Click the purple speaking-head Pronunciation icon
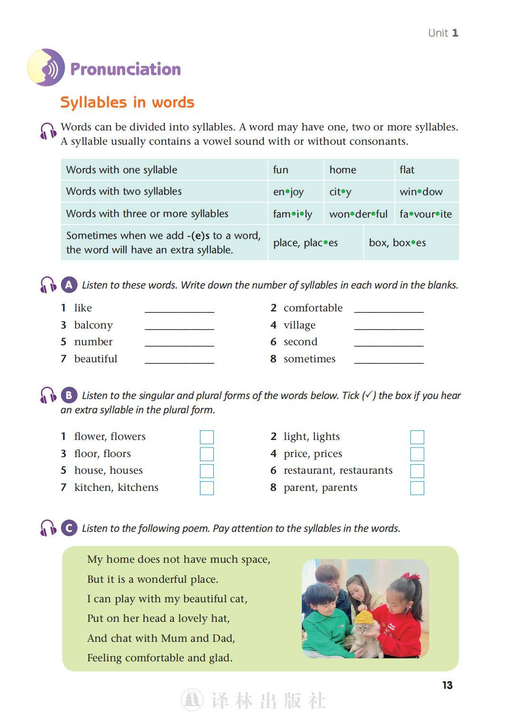(46, 68)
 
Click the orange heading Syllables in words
(127, 102)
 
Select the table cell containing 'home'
(358, 170)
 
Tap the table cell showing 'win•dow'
(426, 192)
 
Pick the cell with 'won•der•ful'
(358, 214)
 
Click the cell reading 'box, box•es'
(410, 243)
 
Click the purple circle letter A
(69, 285)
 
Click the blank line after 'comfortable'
(388, 309)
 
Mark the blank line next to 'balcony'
(179, 326)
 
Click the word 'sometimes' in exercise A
(309, 359)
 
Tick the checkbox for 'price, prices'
(417, 454)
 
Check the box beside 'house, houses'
(207, 471)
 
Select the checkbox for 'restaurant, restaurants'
(417, 471)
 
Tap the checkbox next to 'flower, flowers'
(207, 437)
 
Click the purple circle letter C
(69, 528)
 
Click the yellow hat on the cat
(365, 617)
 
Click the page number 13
(447, 685)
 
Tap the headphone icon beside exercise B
(48, 395)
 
